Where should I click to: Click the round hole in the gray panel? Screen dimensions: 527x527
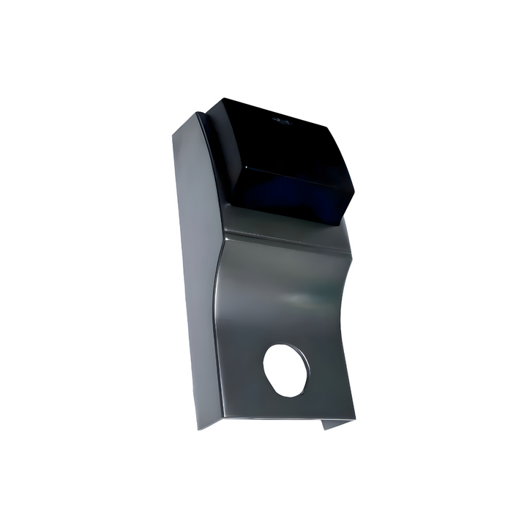(286, 370)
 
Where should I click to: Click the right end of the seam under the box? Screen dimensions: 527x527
(348, 253)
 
